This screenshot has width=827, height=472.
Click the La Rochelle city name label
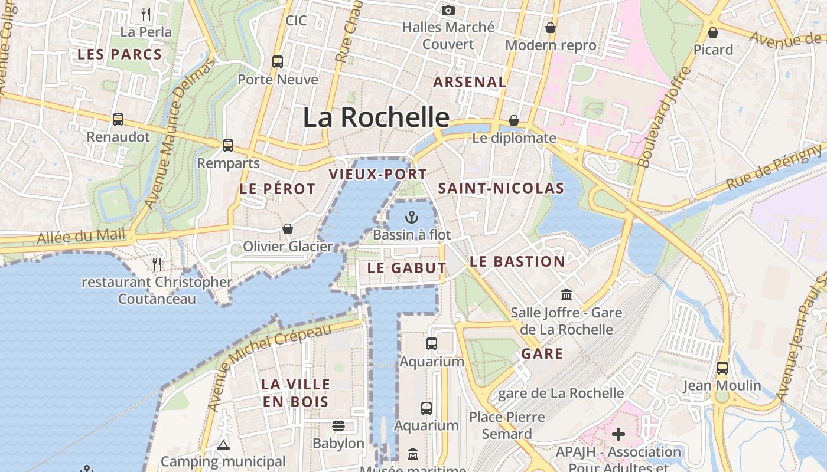coord(376,117)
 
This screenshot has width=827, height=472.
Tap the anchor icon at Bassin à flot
coord(411,217)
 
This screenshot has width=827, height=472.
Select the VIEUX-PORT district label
coord(377,174)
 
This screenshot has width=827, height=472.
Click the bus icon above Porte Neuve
coord(277,61)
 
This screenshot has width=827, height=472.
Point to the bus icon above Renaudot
coord(118,120)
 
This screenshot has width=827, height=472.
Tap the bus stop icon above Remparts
coord(228,146)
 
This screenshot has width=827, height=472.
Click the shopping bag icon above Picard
coord(713,32)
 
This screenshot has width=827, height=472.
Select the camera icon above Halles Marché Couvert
coord(448,10)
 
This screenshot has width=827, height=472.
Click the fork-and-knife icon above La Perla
coord(146,14)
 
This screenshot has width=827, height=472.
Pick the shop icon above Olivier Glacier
coord(288,228)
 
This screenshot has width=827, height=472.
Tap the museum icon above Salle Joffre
coord(566,294)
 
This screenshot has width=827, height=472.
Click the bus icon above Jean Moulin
coord(722,368)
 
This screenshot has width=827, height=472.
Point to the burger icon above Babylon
coord(338,425)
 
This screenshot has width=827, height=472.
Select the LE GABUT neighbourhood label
coord(406,268)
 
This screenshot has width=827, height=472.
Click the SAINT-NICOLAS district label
coord(501,188)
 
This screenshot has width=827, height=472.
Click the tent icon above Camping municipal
coord(223,445)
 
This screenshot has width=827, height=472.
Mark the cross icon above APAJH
coord(618,434)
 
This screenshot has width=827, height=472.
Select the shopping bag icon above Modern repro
coord(551,28)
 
